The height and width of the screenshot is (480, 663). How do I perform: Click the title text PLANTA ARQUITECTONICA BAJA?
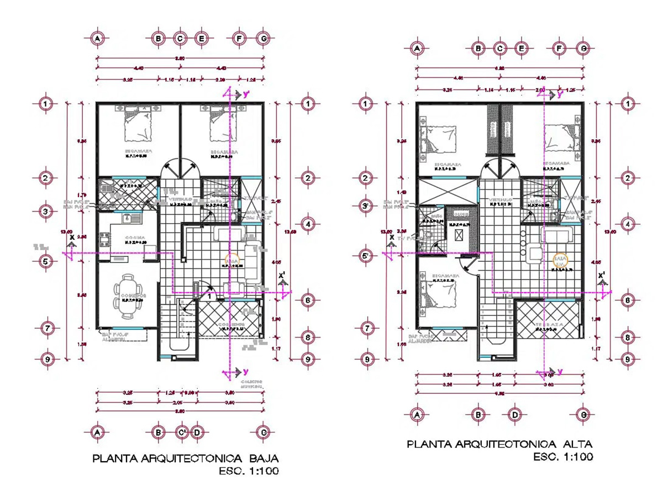tap(185, 458)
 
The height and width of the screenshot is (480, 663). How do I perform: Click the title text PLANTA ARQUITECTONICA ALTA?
tap(499, 444)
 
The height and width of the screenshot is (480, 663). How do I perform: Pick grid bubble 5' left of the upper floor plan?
tap(366, 256)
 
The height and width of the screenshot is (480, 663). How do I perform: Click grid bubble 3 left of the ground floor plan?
tap(48, 212)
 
